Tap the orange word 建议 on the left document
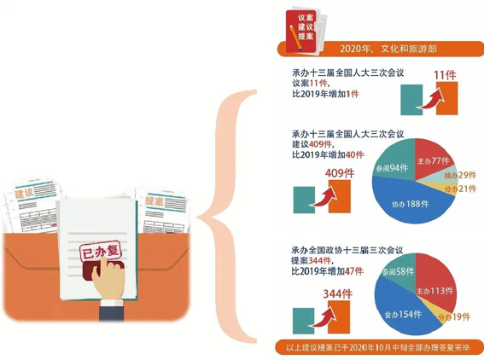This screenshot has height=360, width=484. coord(24,194)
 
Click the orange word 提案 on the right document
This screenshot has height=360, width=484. coord(154,201)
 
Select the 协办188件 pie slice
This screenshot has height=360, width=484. coord(411,204)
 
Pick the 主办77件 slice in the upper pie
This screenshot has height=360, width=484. coord(433,160)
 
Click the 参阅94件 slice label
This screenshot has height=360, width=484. coord(392,168)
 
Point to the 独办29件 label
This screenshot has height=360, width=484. coord(460,175)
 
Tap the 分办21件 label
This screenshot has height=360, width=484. coord(460,189)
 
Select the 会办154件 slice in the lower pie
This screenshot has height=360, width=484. coord(403,314)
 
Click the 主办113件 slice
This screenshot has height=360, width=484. coord(434,291)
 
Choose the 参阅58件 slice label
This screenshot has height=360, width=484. coord(398,272)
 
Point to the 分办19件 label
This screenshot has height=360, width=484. coord(454,316)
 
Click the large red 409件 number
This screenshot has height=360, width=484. coord(340,173)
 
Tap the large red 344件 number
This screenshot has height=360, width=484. coord(337,294)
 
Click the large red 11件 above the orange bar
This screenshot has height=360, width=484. coord(445,75)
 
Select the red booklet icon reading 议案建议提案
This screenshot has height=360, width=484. coord(300,31)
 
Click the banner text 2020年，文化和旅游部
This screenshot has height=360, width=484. coord(388,49)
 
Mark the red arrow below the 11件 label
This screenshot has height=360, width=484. coord(430,97)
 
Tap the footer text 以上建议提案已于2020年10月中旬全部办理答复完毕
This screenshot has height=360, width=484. coord(378,348)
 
